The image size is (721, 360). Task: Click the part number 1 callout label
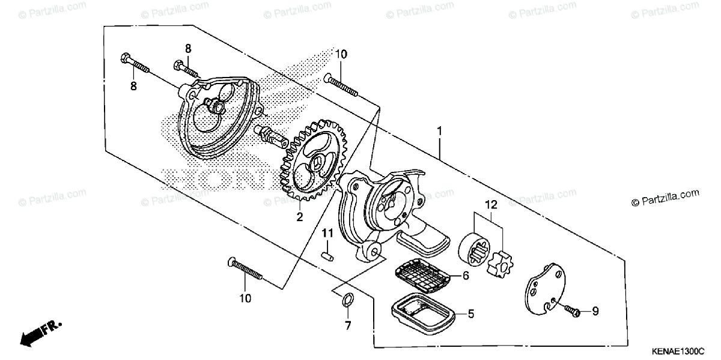440,130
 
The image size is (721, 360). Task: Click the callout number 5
472,313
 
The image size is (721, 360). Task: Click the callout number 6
466,276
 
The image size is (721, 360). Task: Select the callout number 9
595,311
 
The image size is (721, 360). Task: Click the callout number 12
491,205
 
